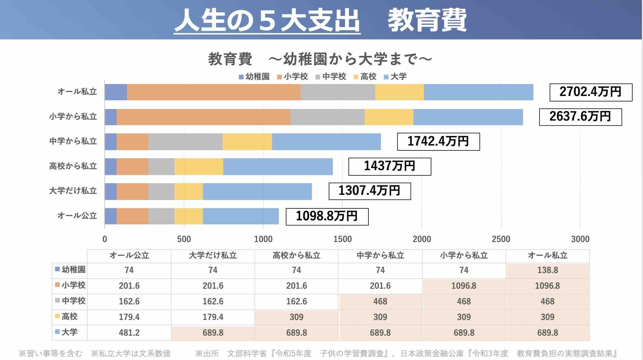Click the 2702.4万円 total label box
[x=591, y=92]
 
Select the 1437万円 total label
[x=390, y=166]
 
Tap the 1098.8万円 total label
[x=327, y=217]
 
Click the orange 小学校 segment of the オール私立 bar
[x=214, y=92]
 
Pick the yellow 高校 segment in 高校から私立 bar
[x=199, y=166]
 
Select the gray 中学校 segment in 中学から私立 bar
[x=185, y=142]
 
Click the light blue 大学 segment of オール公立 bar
[x=241, y=216]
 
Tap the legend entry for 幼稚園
[x=254, y=77]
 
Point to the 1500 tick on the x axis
[x=342, y=239]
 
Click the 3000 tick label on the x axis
[x=580, y=239]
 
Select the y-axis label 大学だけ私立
[x=73, y=191]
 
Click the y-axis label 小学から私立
[x=73, y=117]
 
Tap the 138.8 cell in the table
[x=547, y=270]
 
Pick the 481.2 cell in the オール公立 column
[x=129, y=333]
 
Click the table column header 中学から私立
[x=380, y=256]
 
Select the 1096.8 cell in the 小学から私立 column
[x=464, y=286]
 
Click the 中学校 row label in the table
[x=70, y=301]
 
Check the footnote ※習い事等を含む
[x=51, y=354]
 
